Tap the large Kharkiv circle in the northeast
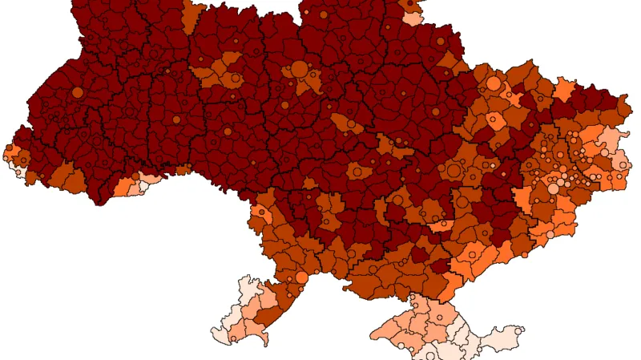[x=494, y=83]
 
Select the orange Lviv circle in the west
[x=78, y=92]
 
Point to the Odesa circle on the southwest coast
[x=301, y=277]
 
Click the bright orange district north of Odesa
[x=261, y=213]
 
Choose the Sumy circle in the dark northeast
[x=440, y=41]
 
